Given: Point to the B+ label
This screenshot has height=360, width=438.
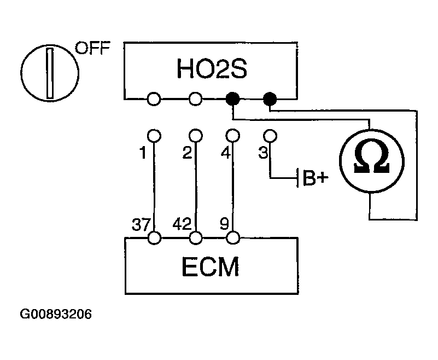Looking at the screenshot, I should (313, 179).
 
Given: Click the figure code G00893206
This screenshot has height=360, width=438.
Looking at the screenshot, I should (56, 315).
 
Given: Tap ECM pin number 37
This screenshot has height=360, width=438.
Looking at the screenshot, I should (141, 224).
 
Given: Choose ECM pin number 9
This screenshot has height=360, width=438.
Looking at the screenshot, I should (225, 224).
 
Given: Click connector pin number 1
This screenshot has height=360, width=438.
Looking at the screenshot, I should (143, 154).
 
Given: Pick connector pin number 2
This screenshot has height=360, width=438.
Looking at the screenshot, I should (186, 154).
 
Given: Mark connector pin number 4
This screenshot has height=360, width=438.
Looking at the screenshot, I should (225, 154).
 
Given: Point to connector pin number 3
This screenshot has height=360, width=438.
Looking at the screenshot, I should (263, 154).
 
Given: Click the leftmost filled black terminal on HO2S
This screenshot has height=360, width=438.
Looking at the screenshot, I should (233, 99).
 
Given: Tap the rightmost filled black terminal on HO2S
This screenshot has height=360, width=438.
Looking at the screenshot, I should (270, 99).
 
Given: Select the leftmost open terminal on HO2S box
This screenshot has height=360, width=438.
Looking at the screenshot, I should (154, 99).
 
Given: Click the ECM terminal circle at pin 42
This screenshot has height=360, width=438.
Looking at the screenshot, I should (195, 238).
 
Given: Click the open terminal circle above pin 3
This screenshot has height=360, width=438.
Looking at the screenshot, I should (269, 135).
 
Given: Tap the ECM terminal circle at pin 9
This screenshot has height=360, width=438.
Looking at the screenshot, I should (233, 238).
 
